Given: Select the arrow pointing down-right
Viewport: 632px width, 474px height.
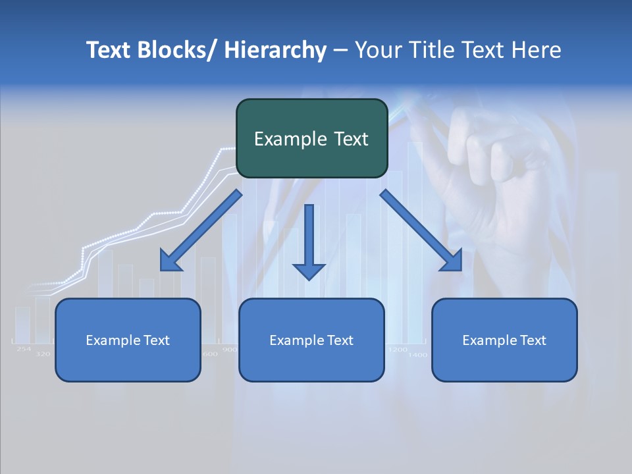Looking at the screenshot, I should [421, 230].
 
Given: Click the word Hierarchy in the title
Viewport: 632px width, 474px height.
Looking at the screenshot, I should [275, 50].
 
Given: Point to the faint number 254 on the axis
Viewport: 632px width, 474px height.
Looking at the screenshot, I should [24, 349].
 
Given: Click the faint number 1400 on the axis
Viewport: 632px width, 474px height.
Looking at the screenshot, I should [417, 355].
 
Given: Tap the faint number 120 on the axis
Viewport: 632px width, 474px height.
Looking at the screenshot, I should [43, 354].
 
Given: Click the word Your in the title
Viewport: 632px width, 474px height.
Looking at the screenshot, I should [377, 50].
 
